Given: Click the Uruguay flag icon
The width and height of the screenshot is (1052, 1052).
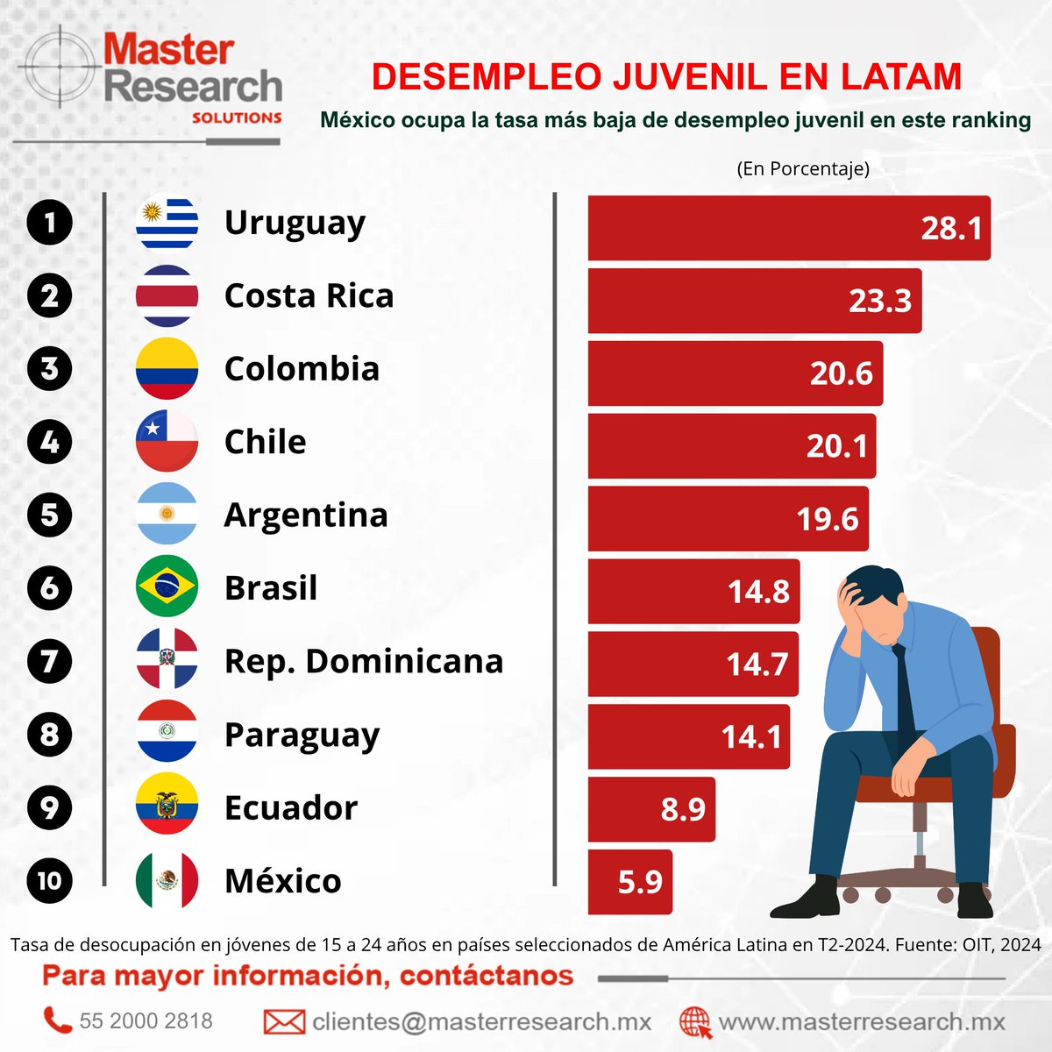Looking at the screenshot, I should coord(167,223).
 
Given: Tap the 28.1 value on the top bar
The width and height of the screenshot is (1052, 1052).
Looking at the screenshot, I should coord(951,228).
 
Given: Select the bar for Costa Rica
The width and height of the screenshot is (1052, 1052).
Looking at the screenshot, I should coord(754,301).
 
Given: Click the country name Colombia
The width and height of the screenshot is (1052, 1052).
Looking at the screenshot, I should coord(302,369).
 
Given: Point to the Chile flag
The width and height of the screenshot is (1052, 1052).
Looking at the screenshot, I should coord(167,441).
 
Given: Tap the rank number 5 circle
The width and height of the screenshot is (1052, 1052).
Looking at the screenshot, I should coord(49,514).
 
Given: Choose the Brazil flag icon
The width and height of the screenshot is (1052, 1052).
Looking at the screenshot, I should coord(167,586).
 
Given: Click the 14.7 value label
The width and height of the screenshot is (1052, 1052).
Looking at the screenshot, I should coord(757,665).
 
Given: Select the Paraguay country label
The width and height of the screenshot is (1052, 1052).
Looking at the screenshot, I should coord(302,736).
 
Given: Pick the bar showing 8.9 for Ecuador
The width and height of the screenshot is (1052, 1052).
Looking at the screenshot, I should coord(650,808).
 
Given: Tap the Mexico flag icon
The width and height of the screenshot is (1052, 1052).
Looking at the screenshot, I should coord(167,880).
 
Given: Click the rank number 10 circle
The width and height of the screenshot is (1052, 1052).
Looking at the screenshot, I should coord(49,880).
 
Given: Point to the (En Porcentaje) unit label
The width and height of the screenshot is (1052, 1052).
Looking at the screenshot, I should coord(803,168).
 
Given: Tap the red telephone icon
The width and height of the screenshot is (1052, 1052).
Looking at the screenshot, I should coord(58,1020).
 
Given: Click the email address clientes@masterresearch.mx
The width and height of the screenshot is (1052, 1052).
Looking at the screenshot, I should coord(481,1021).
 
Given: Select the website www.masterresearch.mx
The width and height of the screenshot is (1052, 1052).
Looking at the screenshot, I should coord(861,1021).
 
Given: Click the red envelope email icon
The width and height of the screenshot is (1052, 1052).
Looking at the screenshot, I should coord(284,1021).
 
